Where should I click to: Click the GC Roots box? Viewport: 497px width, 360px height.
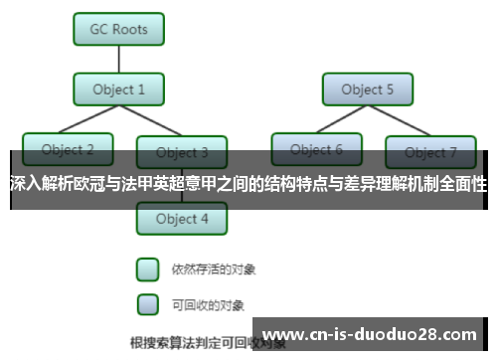pos(119,29)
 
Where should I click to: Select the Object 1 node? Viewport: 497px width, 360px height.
pos(119,90)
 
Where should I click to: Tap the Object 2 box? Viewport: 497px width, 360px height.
pos(68,150)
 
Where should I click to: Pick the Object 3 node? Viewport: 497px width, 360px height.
pos(182,152)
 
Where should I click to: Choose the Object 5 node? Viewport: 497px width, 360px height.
pos(368,90)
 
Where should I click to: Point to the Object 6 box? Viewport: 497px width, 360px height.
pos(317,150)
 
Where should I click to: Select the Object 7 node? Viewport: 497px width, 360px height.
pos(431,152)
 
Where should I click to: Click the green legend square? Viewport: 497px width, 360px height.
pos(147,270)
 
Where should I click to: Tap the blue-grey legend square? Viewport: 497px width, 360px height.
pos(147,303)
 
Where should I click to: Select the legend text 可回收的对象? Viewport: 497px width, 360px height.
pos(208,304)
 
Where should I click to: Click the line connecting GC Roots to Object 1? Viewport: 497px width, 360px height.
pos(119,60)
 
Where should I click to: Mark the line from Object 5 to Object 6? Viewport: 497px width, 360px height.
pos(342,120)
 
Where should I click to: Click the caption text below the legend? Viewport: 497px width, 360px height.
pos(189,343)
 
